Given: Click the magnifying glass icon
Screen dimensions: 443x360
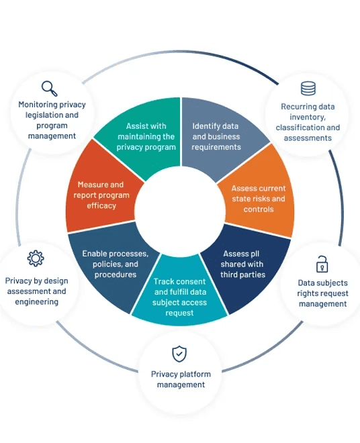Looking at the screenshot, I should point(49,87).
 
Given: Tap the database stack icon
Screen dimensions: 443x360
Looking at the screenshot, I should point(308,88).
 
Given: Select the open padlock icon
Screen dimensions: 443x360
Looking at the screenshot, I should point(322,264).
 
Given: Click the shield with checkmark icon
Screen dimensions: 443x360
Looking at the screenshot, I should point(179,354).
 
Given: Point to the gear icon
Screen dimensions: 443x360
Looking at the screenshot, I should point(36,258).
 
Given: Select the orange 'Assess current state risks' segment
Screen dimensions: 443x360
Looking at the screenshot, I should point(259,198).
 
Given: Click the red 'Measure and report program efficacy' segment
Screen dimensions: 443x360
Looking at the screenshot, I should point(101,195).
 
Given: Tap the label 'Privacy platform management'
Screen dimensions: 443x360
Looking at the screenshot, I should point(179,379).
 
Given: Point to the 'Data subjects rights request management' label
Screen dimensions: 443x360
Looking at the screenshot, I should point(322,293).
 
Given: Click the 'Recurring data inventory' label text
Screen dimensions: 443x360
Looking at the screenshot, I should point(308,122).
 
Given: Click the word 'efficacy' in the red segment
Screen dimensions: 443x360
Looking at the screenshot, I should point(101,205).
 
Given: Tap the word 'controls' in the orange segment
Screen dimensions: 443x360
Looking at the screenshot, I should point(259,209).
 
